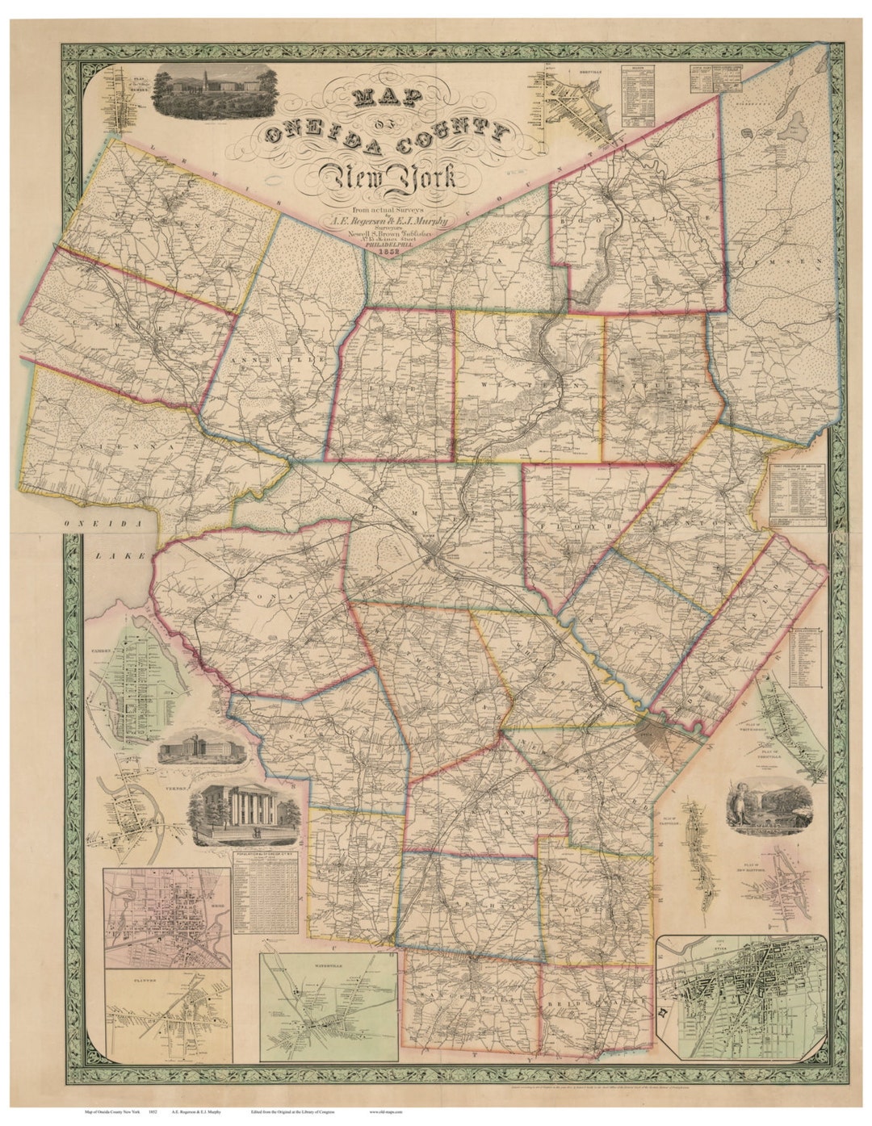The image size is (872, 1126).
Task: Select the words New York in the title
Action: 388,176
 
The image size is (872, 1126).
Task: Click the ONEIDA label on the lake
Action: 103,524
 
